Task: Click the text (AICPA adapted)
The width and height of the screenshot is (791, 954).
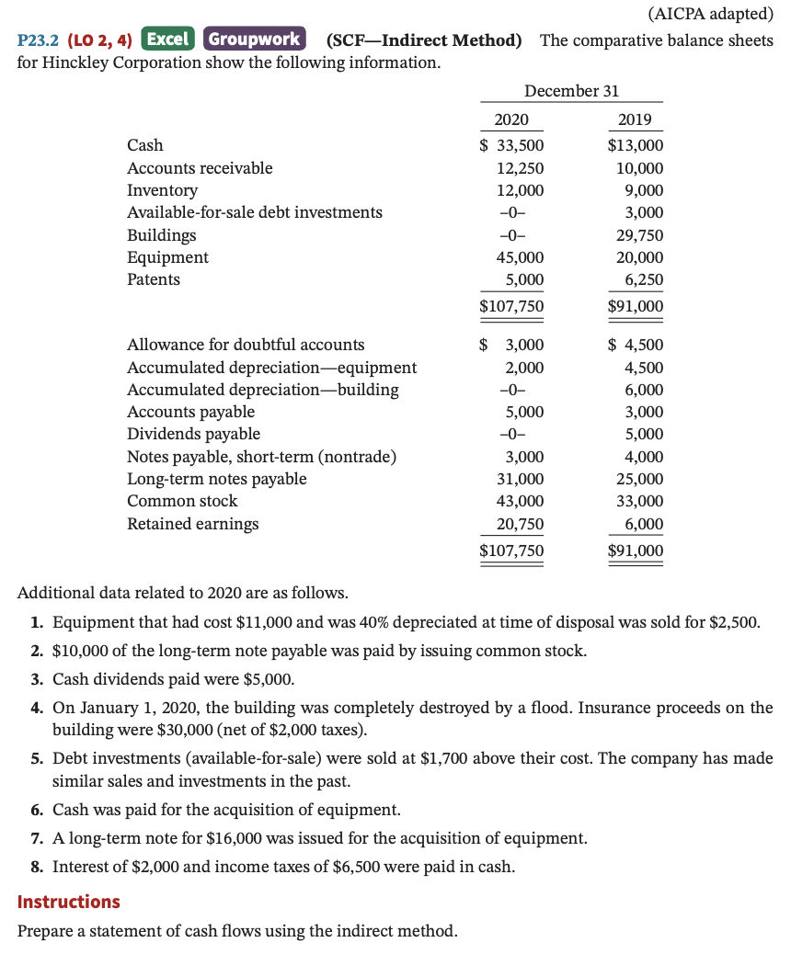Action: [710, 14]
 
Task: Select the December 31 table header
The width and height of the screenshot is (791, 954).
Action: [571, 90]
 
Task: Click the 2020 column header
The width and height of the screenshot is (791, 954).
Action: [511, 120]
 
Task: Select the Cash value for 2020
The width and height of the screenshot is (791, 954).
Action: [512, 145]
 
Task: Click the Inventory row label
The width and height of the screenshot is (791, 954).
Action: [162, 190]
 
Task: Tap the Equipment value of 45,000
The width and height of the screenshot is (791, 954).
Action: [520, 257]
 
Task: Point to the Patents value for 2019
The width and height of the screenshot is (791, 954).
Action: [643, 279]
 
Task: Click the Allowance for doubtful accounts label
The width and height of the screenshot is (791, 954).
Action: [245, 345]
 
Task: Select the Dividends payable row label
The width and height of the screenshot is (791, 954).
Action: [193, 434]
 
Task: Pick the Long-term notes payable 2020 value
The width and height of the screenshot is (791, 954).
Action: [520, 479]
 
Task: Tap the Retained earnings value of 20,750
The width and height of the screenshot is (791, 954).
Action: [520, 524]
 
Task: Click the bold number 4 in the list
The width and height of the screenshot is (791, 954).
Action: [35, 709]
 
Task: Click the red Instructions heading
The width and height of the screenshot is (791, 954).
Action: [69, 902]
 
